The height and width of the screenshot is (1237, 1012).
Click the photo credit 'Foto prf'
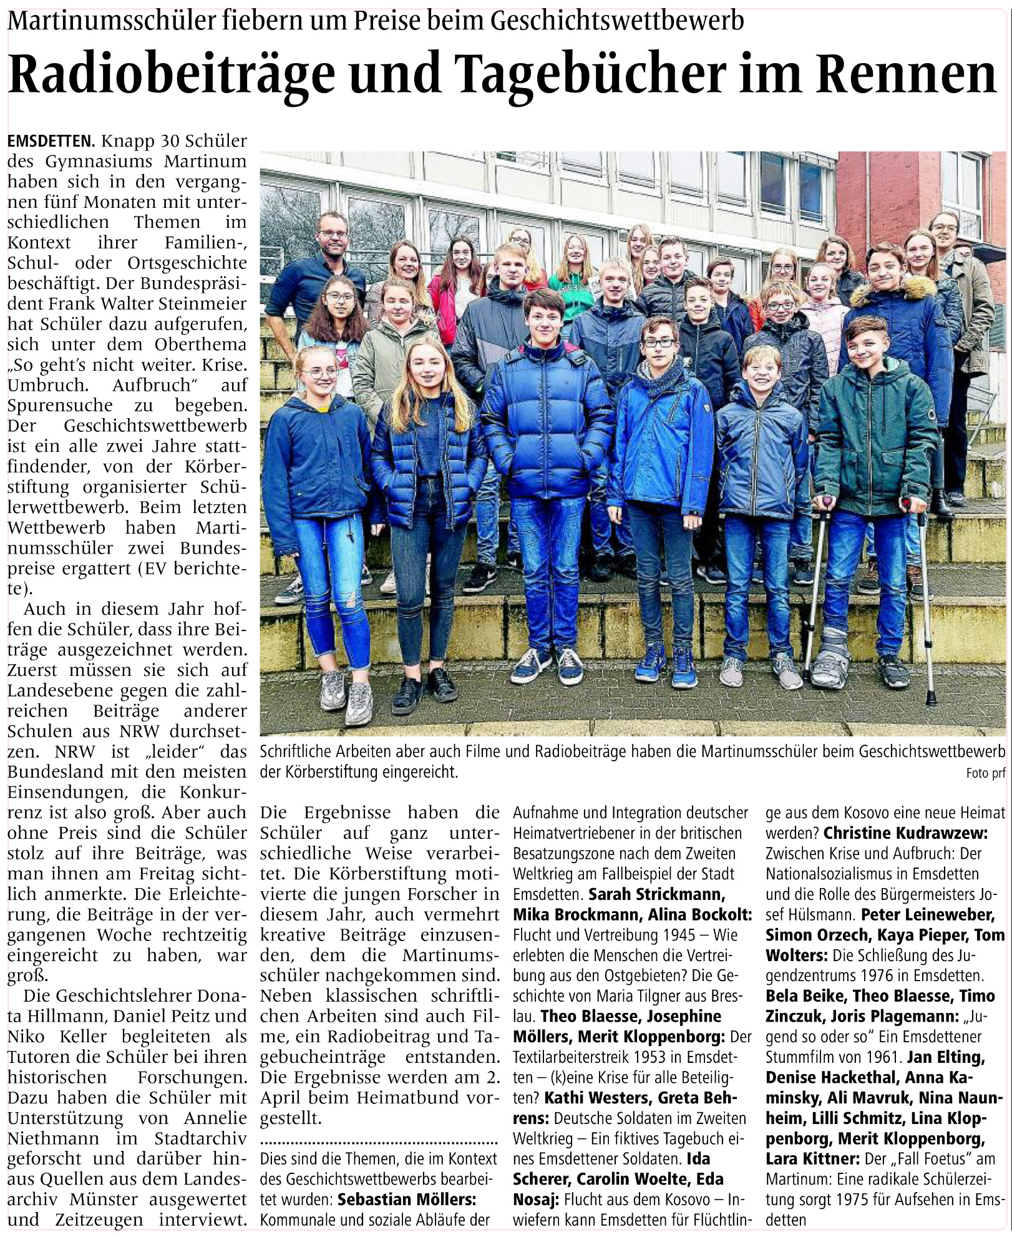point(985,773)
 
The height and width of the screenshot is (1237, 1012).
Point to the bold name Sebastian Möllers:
point(407,1199)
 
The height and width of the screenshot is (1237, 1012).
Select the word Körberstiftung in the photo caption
point(311,772)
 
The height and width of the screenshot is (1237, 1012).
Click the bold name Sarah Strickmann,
point(656,894)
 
